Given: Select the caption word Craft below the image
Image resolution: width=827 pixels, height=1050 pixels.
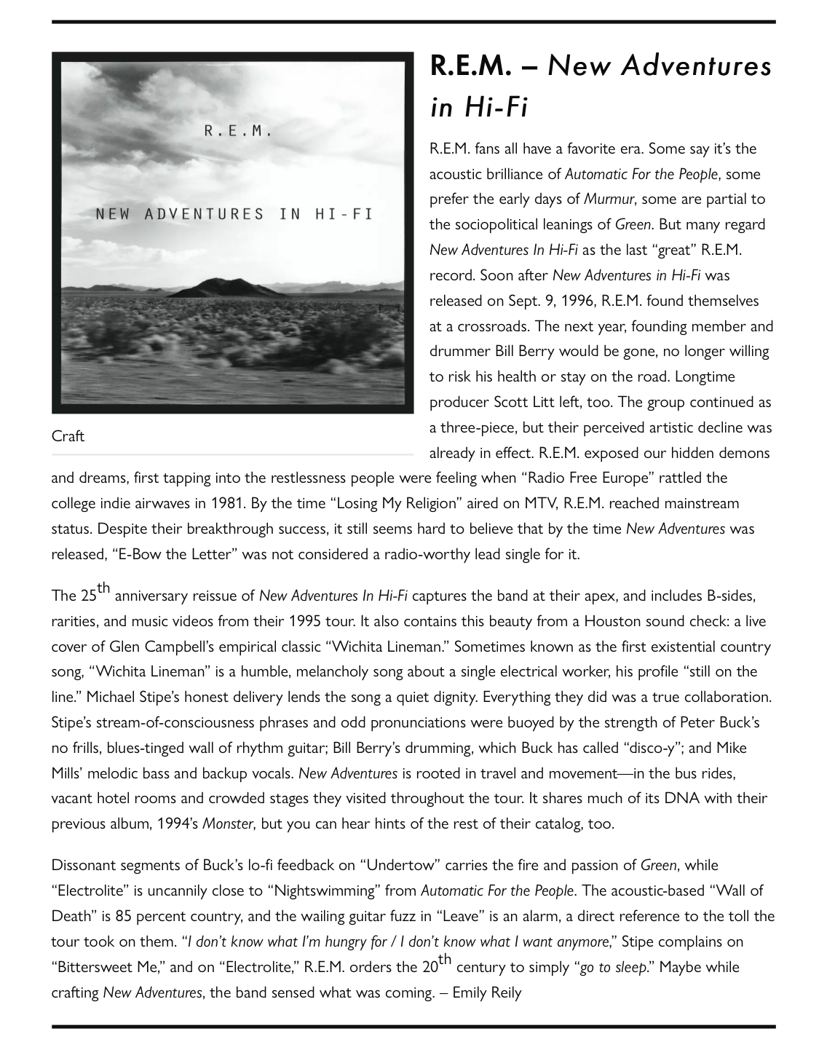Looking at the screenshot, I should [68, 436].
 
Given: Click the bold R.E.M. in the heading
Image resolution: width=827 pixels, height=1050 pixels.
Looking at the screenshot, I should [474, 66].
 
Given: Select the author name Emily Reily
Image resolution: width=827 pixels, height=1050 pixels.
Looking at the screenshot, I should [487, 992].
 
